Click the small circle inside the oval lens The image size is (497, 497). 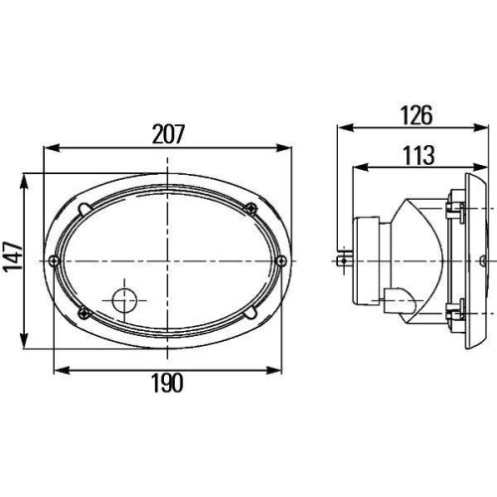coord(124,300)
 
